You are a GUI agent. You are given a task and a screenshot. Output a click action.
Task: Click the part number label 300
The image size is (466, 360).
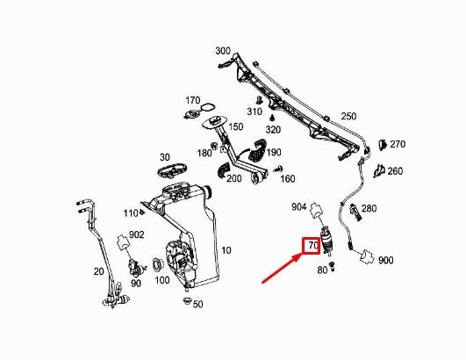tap(223, 51)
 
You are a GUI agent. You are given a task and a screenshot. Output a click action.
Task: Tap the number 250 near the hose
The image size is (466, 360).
tap(348, 117)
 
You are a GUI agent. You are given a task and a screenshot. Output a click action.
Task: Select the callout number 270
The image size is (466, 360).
tap(398, 144)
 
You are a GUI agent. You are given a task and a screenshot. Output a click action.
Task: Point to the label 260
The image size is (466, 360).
tap(395, 171)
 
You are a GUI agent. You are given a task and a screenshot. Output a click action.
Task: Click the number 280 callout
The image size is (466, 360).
tap(369, 208)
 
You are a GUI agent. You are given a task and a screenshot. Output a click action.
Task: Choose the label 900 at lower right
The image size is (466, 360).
tap(386, 261)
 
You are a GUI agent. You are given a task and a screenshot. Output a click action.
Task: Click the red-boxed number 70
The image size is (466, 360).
tap(312, 247)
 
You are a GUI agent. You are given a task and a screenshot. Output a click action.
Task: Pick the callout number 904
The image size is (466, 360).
tap(299, 207)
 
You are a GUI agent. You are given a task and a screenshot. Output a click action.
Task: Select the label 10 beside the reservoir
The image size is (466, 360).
tap(226, 250)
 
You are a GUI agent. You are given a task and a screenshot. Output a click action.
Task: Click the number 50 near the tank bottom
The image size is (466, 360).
tap(197, 305)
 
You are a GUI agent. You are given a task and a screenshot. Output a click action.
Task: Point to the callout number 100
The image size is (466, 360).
tap(162, 281)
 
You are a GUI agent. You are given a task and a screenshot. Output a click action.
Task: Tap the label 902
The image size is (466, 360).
tap(136, 234)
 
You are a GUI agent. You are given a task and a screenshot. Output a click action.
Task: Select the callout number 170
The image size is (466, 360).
tap(193, 99)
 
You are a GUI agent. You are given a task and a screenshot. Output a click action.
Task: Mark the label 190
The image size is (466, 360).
tap(273, 153)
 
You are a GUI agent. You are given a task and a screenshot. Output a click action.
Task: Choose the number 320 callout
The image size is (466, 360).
tap(273, 129)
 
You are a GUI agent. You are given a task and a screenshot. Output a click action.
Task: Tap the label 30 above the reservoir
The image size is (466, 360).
tap(165, 157)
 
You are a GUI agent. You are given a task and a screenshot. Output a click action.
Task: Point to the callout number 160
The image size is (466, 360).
tap(288, 179)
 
